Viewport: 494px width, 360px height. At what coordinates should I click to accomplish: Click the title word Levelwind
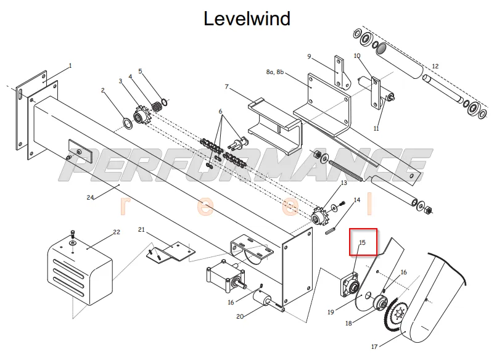(x=247, y=18)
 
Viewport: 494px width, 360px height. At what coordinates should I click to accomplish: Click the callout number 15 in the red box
(x=362, y=242)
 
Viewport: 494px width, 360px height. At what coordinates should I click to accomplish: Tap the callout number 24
(x=91, y=197)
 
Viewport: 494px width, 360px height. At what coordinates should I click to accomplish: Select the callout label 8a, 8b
(x=274, y=72)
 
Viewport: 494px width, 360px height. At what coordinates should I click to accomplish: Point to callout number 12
(x=435, y=66)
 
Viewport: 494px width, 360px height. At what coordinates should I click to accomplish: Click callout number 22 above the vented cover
(x=117, y=232)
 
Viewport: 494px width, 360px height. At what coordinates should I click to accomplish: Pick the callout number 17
(x=374, y=347)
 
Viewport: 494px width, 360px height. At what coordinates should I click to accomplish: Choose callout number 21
(x=141, y=229)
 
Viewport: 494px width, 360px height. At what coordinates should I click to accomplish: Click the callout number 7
(x=227, y=86)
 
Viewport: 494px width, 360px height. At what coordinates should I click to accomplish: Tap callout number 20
(x=240, y=316)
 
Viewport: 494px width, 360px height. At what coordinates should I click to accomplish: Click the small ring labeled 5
(x=165, y=102)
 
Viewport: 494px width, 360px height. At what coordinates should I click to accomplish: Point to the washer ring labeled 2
(x=126, y=123)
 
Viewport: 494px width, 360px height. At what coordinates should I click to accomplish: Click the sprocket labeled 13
(x=317, y=217)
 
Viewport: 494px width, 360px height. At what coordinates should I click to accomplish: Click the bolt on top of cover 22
(x=73, y=234)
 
